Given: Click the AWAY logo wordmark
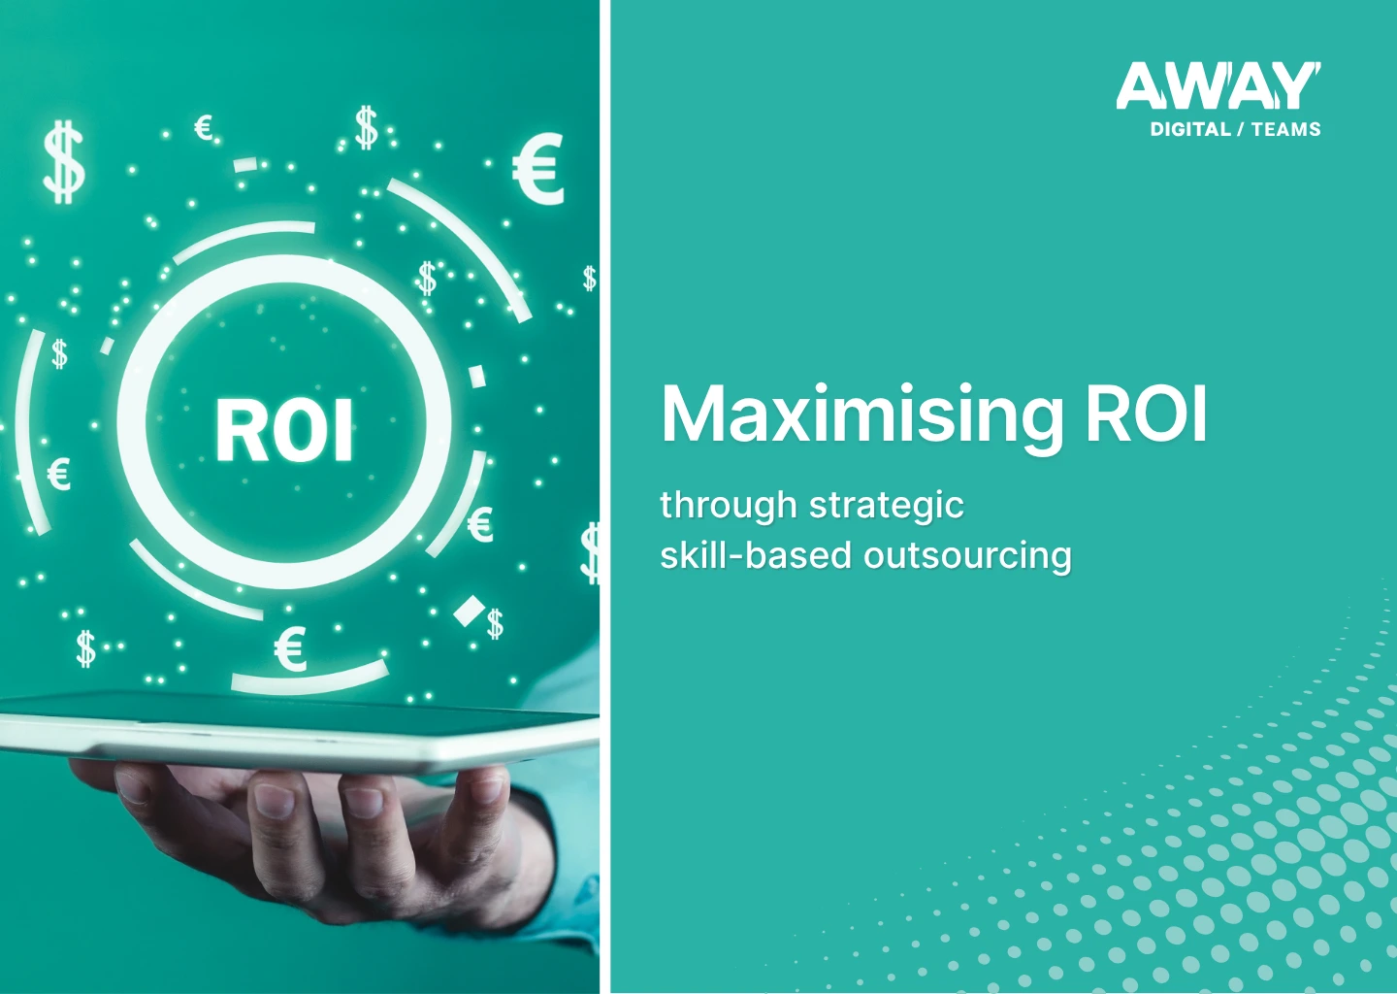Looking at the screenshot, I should tap(1218, 86).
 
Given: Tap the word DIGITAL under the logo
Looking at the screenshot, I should tap(1189, 129).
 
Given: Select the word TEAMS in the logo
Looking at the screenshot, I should tap(1285, 129).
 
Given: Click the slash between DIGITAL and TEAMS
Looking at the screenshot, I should tap(1241, 129).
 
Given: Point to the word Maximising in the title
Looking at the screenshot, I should tap(862, 416).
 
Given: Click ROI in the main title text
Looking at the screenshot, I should tap(1146, 414).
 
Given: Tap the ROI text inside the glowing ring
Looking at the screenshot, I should tap(284, 431).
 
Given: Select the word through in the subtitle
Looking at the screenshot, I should tap(728, 505).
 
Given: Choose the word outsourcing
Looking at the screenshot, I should tap(967, 556).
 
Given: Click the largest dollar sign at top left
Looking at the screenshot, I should tap(64, 162).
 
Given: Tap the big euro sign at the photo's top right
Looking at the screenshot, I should tap(538, 170).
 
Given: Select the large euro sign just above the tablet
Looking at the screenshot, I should tap(290, 649).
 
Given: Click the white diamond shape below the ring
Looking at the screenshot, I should tap(470, 611).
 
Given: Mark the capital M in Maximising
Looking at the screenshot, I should tap(693, 414).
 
